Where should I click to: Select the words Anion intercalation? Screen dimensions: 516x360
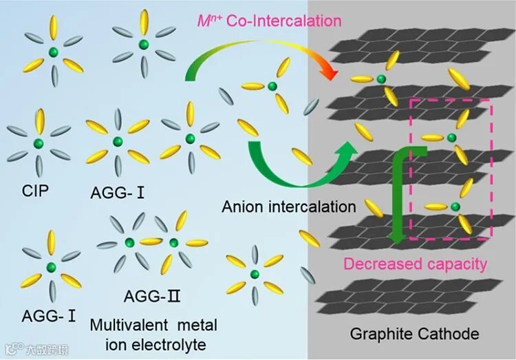click(x=289, y=206)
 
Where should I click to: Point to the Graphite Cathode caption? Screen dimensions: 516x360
click(x=414, y=335)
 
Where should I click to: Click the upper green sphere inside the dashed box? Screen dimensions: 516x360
click(x=451, y=138)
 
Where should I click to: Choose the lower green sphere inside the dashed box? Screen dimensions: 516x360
click(x=455, y=206)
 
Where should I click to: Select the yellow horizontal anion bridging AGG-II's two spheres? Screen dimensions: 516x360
click(x=151, y=242)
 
